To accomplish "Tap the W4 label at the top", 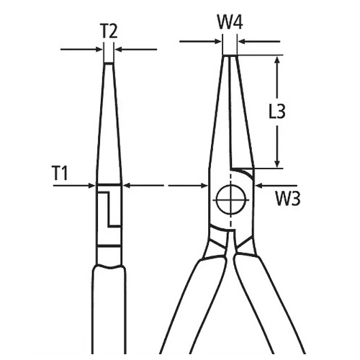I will [229, 23].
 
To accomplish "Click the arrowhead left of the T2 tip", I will [99, 49].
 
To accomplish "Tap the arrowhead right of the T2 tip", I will [118, 49].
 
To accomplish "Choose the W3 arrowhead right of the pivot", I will [257, 185].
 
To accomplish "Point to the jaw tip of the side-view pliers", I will [109, 65].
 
